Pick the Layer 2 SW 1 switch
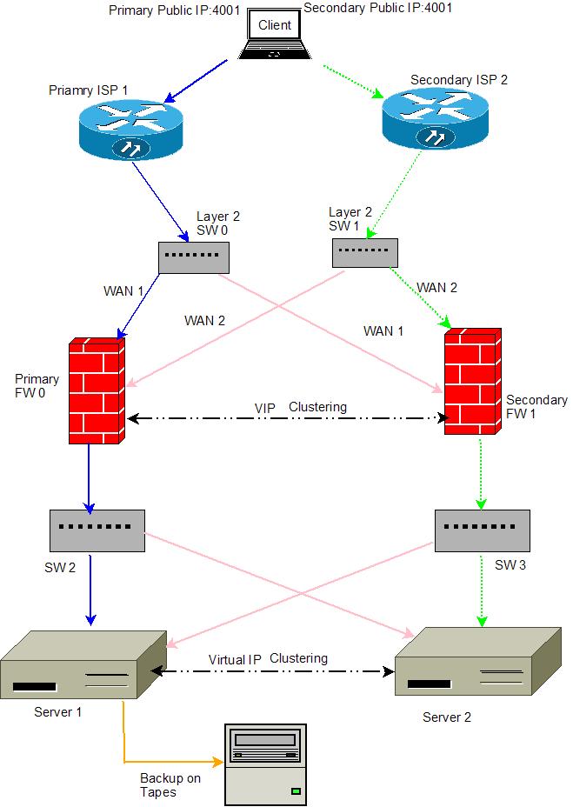click(364, 252)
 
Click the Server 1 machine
click(82, 665)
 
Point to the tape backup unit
click(266, 763)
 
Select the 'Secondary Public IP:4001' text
click(378, 8)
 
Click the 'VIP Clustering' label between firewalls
click(300, 407)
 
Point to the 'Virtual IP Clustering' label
click(268, 658)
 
